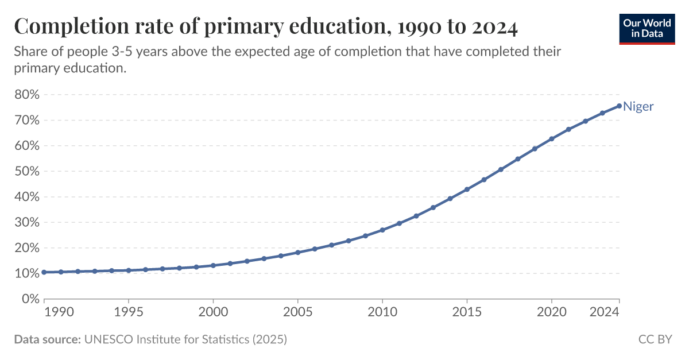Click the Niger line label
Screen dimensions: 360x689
pos(638,106)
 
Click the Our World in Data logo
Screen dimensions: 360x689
pos(647,28)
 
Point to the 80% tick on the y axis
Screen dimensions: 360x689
pos(26,95)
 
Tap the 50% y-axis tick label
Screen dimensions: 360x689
pos(26,172)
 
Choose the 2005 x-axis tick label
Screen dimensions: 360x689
pos(297,312)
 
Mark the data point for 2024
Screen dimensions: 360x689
pos(619,106)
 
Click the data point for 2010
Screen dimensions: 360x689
pos(382,230)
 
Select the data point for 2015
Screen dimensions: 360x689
pos(467,189)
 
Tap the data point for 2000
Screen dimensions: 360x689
pos(213,265)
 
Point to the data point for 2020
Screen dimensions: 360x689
pos(551,139)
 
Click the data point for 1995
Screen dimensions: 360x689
pos(129,270)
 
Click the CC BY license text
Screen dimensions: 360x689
pos(655,339)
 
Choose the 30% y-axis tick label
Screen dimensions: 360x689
pos(26,223)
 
